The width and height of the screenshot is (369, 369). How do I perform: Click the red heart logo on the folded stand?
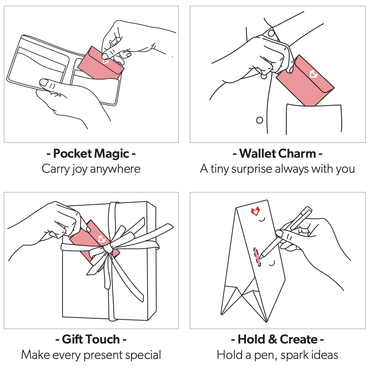pyautogui.click(x=255, y=211)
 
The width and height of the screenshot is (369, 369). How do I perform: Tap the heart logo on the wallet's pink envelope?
pyautogui.click(x=106, y=61)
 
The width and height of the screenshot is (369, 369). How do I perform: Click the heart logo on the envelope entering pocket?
pyautogui.click(x=314, y=74)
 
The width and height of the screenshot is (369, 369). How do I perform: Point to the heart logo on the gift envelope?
pyautogui.click(x=102, y=239)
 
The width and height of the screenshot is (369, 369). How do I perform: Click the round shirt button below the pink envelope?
pyautogui.click(x=260, y=120)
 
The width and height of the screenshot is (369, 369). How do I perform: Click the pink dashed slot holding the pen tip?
pyautogui.click(x=257, y=256)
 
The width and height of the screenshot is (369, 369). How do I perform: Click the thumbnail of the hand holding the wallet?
pyautogui.click(x=44, y=82)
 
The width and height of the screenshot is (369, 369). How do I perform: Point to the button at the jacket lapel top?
pyautogui.click(x=271, y=33)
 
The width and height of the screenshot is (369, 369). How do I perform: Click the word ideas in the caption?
pyautogui.click(x=323, y=355)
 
